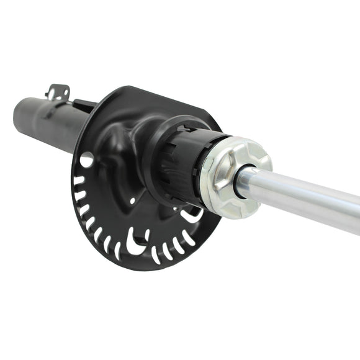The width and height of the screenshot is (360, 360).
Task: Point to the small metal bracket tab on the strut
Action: tap(56, 91)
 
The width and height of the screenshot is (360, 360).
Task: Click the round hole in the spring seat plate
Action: tap(86, 160)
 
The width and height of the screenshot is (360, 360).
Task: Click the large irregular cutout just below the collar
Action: tap(189, 215)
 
